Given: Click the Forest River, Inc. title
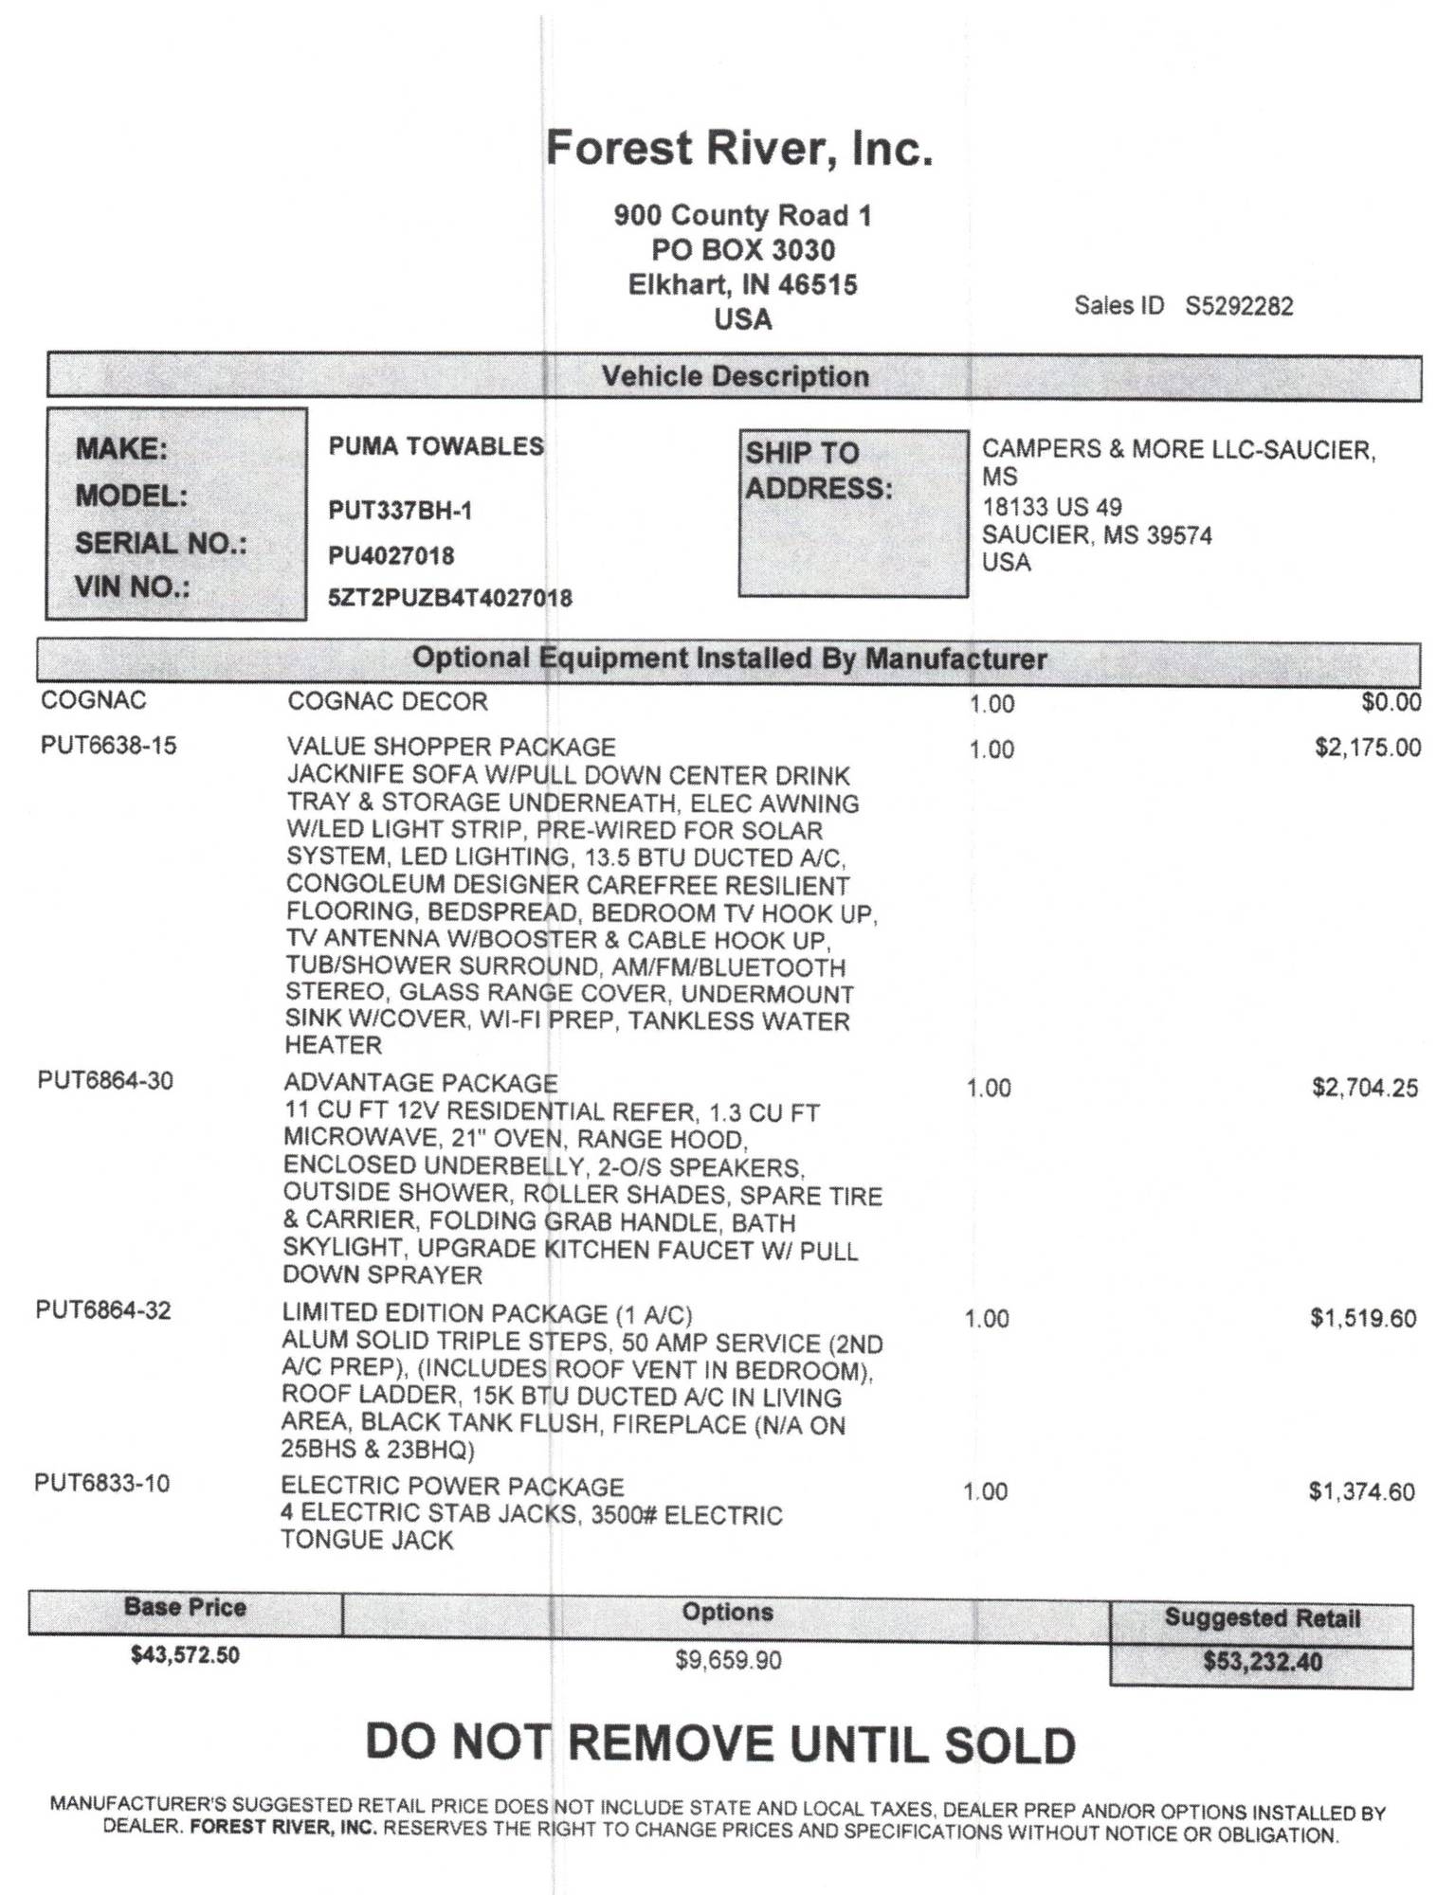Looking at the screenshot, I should click(739, 149).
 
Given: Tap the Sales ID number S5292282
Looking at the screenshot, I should click(1239, 306).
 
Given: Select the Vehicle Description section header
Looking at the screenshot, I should click(735, 376).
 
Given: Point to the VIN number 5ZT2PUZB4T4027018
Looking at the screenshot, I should click(450, 598).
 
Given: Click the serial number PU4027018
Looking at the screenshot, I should click(391, 555).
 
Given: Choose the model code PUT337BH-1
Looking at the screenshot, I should click(400, 511).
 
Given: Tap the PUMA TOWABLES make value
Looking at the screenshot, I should click(436, 446).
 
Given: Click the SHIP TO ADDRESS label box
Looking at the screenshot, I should click(853, 513).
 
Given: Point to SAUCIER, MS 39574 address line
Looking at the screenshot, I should click(1097, 535).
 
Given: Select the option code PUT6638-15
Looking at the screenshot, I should click(108, 746).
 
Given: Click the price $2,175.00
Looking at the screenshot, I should click(1367, 748).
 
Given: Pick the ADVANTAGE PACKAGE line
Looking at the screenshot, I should click(421, 1082).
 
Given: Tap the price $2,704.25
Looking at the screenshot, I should click(1365, 1087).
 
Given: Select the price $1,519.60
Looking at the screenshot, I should click(1363, 1318).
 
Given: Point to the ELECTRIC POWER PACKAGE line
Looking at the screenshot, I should click(452, 1487).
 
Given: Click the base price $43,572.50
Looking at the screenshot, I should click(185, 1655).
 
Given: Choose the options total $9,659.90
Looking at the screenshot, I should click(728, 1660).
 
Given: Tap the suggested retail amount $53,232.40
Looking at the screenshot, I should click(1262, 1662).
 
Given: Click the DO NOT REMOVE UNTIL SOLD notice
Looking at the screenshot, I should click(720, 1743).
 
